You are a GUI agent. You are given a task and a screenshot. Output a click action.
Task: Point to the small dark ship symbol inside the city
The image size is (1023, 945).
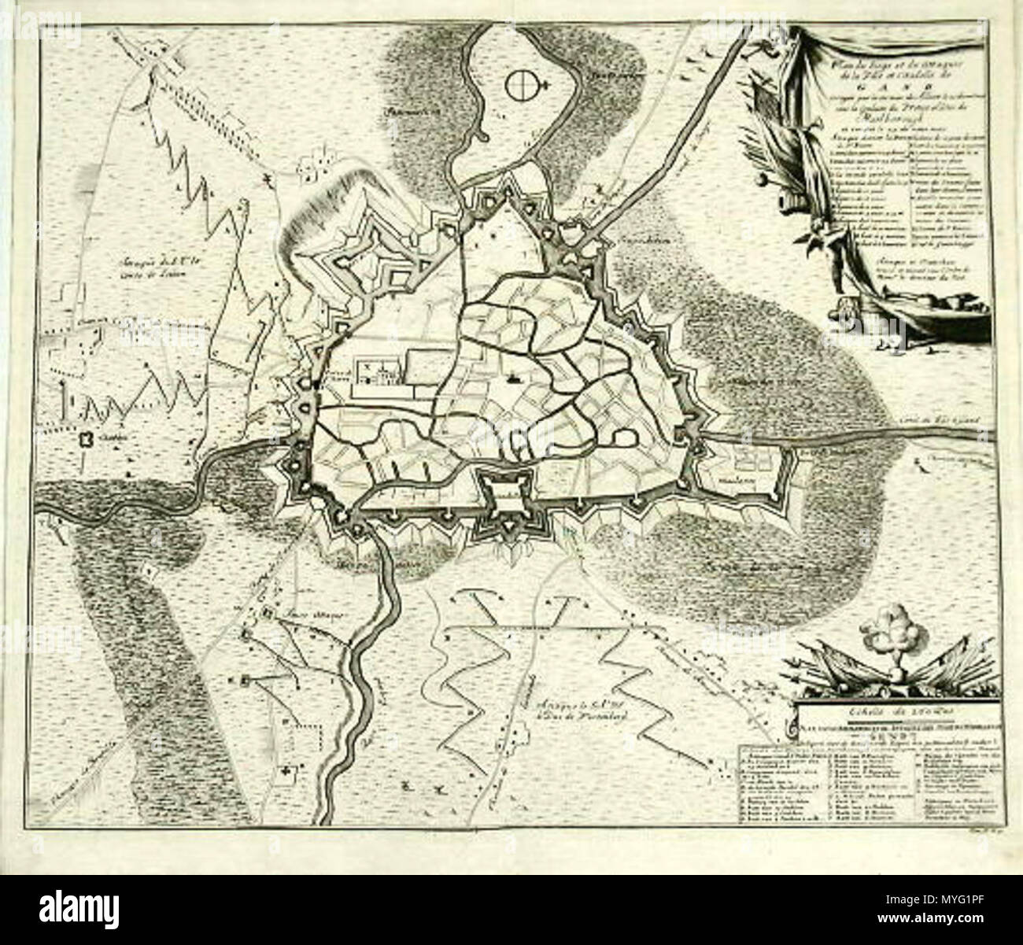[514, 378]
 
